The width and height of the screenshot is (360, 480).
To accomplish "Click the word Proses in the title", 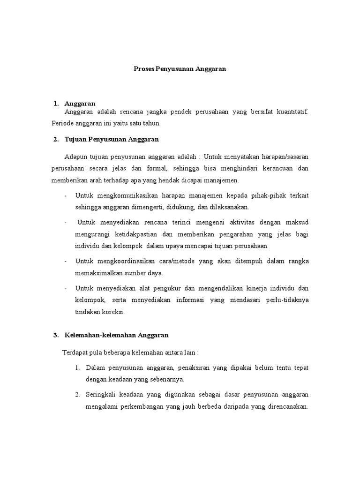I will [x=139, y=68].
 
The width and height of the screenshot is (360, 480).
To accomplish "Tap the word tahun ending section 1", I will [x=152, y=123].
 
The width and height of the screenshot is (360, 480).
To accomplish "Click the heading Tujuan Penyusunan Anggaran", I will [x=112, y=139].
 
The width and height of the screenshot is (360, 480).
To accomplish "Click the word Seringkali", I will [x=100, y=394].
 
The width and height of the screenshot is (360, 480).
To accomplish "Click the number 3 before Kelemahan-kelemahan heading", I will [x=55, y=335].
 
